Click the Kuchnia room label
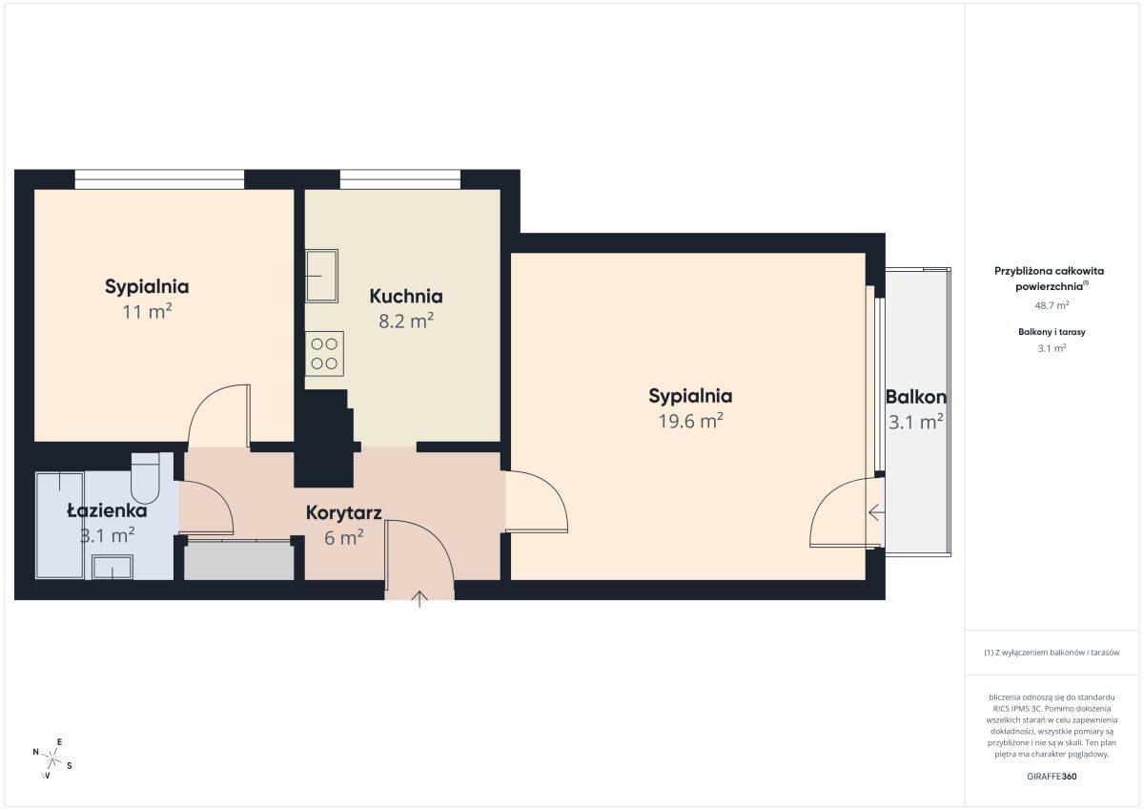(x=406, y=296)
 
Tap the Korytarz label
(x=344, y=513)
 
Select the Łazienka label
(x=107, y=510)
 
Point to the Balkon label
(x=916, y=397)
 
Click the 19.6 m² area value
(x=690, y=421)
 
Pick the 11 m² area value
(x=147, y=311)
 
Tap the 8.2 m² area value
(x=406, y=321)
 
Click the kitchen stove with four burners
(x=324, y=354)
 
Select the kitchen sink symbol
(x=322, y=276)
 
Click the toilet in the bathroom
(x=146, y=478)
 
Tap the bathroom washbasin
(x=112, y=568)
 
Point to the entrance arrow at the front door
(x=419, y=599)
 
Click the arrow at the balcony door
(x=876, y=511)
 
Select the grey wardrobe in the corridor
(x=239, y=561)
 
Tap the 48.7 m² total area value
(x=1052, y=305)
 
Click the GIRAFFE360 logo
(x=1052, y=777)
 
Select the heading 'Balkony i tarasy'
(x=1052, y=332)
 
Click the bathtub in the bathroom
(x=60, y=526)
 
